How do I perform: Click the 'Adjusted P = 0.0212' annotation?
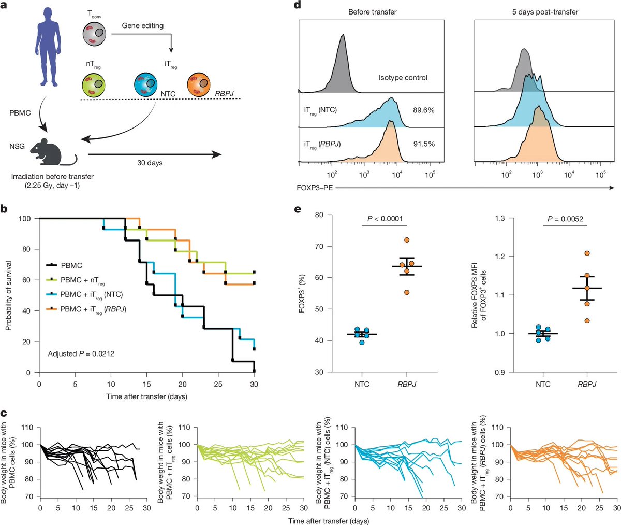tap(81, 354)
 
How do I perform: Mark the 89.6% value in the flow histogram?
tap(423, 110)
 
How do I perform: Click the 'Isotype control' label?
tap(403, 78)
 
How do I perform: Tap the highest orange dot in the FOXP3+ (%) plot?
tap(407, 240)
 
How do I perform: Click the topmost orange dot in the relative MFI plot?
tap(587, 253)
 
